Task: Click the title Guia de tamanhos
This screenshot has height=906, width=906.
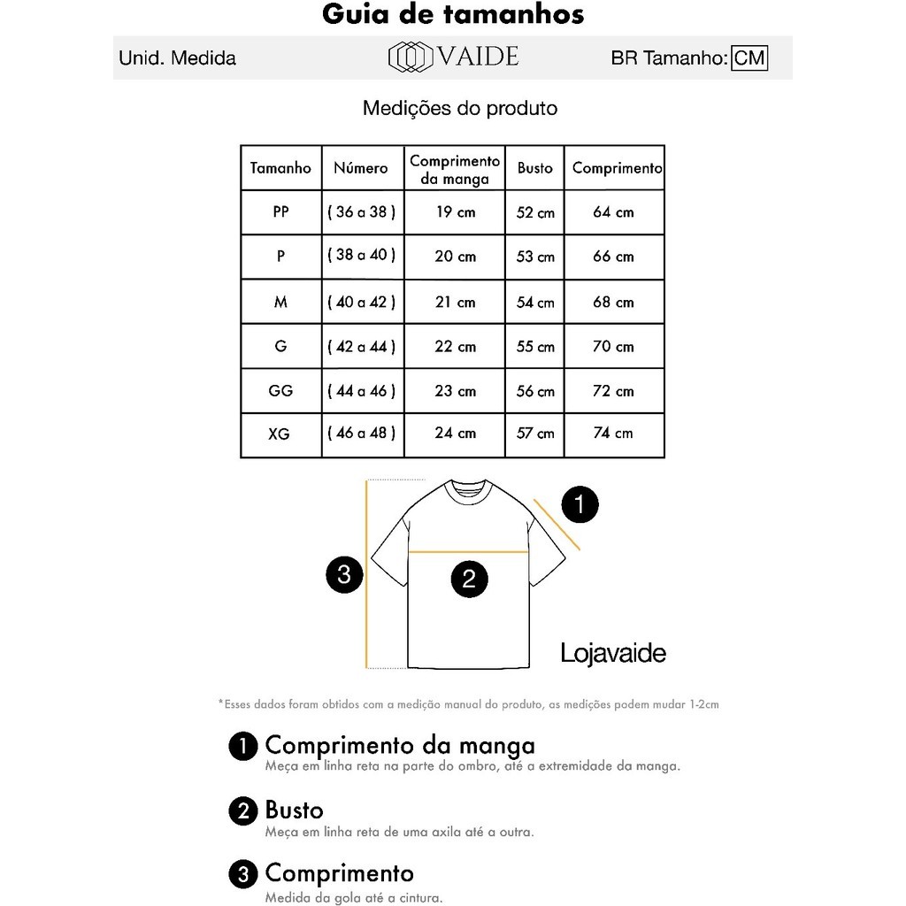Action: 452,15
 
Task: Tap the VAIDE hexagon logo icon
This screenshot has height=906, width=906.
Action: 410,58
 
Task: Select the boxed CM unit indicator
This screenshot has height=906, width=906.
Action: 749,58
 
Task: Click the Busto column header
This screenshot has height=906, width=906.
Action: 534,168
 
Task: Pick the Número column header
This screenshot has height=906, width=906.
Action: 360,168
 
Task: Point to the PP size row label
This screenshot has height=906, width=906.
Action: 280,212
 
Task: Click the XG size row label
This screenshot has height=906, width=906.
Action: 279,434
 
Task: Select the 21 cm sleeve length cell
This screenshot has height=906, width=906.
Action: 455,302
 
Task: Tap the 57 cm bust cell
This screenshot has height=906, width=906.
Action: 535,434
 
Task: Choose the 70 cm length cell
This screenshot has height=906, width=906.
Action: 613,346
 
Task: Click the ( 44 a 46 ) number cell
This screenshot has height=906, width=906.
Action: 361,390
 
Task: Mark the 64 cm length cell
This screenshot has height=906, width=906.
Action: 613,212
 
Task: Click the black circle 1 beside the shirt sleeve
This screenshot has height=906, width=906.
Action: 580,505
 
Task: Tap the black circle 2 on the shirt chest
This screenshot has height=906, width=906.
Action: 469,579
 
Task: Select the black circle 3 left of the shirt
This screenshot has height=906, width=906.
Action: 344,574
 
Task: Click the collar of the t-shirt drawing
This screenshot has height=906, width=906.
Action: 467,489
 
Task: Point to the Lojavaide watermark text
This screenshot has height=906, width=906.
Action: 613,653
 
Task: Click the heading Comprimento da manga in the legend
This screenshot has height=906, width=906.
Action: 400,745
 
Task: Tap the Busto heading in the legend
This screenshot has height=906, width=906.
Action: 294,810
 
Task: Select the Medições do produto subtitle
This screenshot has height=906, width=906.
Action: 460,109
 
